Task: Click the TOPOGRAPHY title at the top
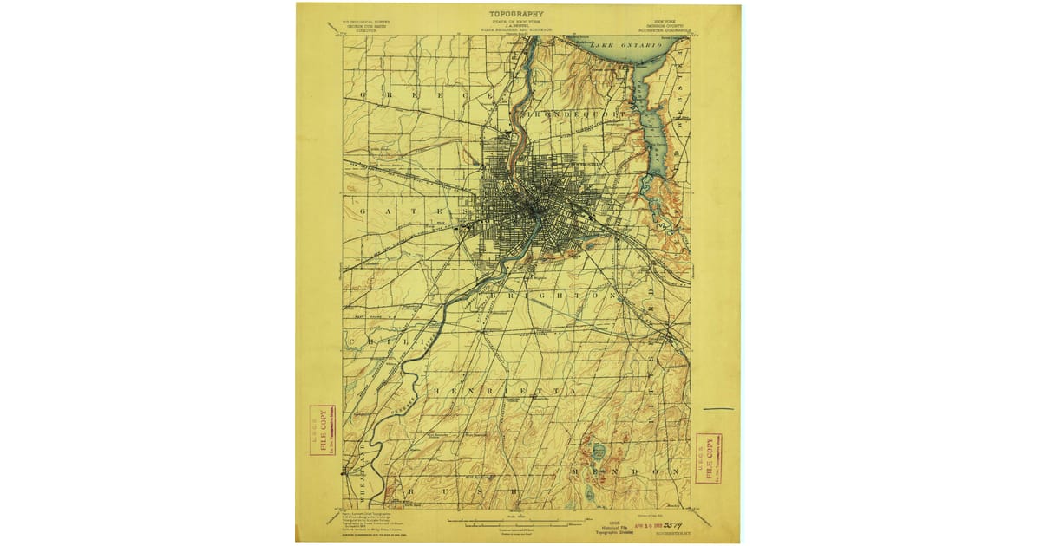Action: (516, 14)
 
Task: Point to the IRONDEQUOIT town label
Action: (573, 114)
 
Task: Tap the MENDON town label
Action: (625, 471)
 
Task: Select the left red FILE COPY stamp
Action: (323, 430)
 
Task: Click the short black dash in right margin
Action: (718, 408)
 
